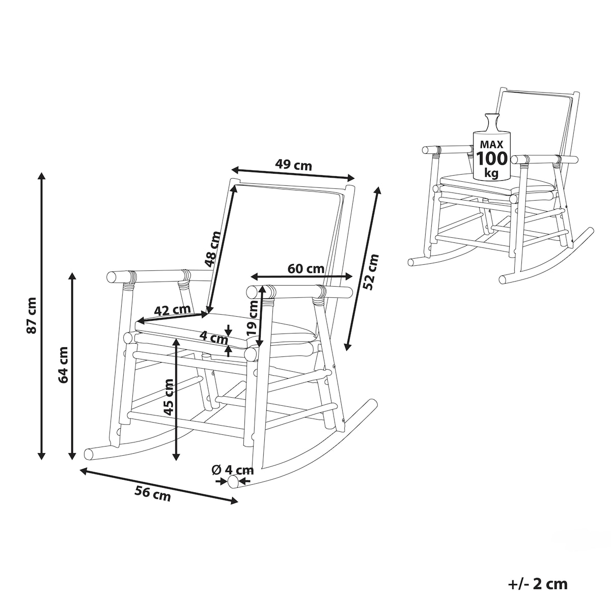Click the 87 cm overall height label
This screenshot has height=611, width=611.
coord(32,316)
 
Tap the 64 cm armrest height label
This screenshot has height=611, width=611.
coord(64,365)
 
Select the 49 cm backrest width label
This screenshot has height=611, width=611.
coord(293,165)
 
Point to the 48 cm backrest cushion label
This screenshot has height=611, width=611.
coord(213,249)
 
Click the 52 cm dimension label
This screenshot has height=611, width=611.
coord(371,272)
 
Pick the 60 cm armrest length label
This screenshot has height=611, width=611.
coord(306,269)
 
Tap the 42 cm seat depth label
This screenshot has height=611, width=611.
coord(172,310)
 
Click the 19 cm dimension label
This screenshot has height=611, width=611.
coord(253,318)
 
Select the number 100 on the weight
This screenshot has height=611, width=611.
coord(492,158)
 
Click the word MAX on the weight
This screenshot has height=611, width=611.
coord(492,145)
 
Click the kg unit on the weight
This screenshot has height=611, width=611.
coord(492,173)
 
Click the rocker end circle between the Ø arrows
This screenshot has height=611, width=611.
coord(234,481)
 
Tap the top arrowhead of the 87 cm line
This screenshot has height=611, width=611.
coord(42,176)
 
